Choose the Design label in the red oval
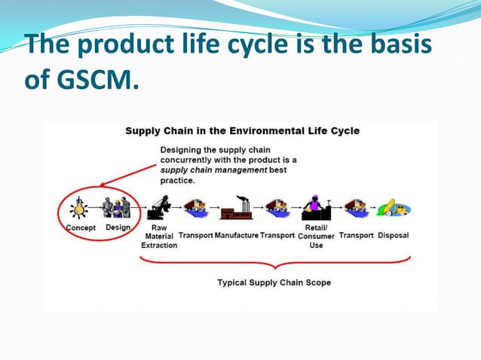118,227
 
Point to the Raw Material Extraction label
160,236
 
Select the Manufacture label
236,235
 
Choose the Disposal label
394,235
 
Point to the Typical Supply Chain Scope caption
274,283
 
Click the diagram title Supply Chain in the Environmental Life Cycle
242,130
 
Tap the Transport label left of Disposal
356,235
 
